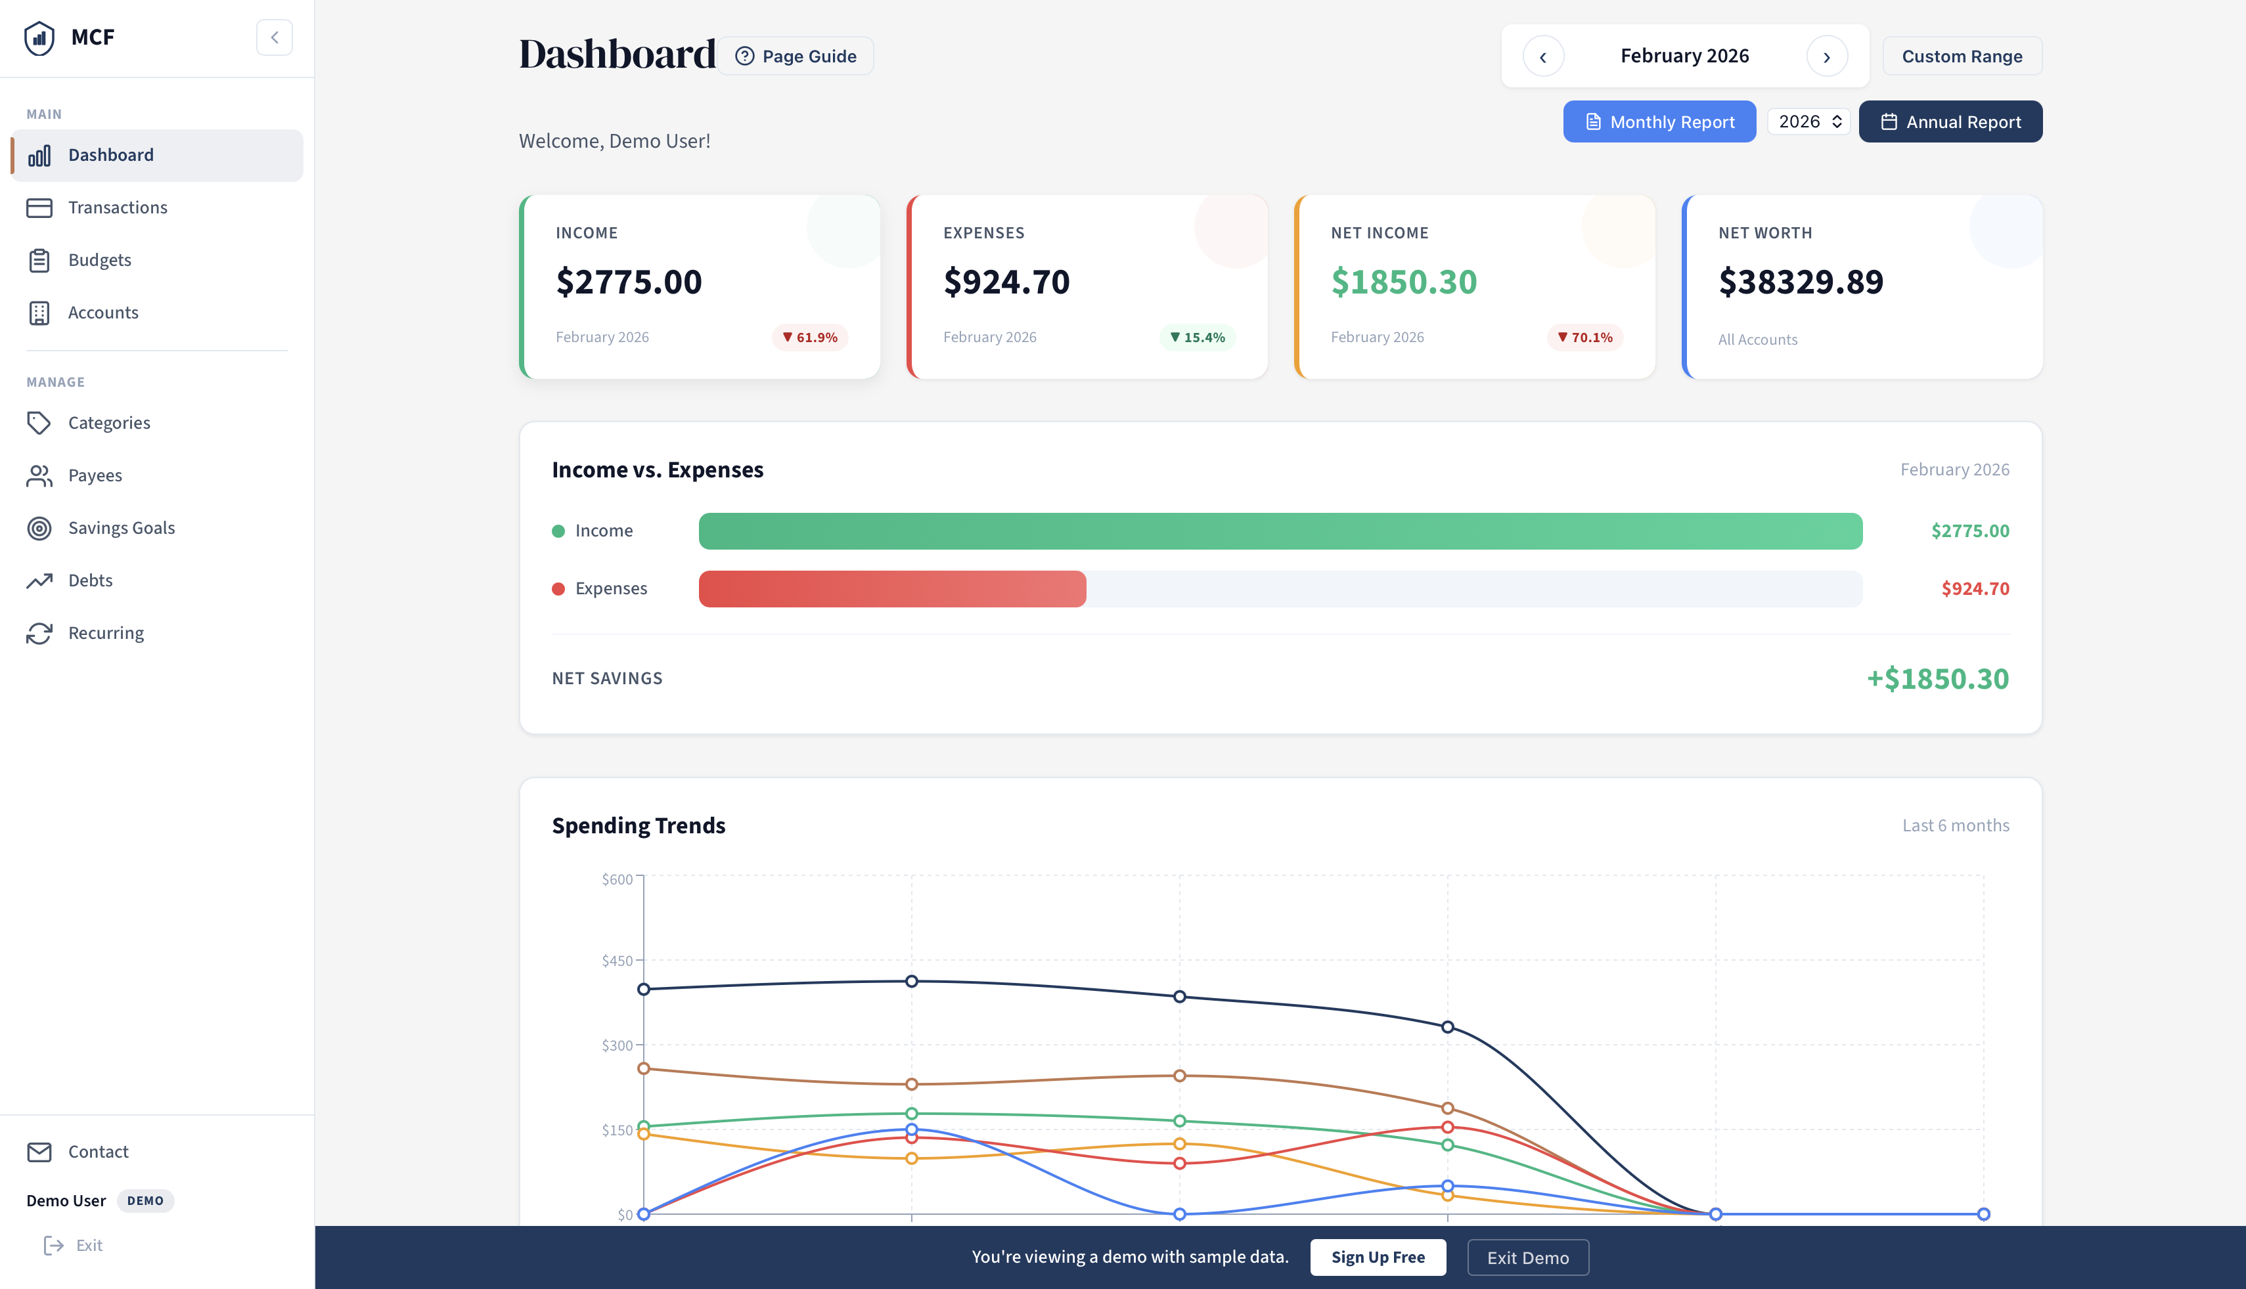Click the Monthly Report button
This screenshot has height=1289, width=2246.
pyautogui.click(x=1659, y=121)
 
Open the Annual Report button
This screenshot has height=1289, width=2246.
pyautogui.click(x=1950, y=121)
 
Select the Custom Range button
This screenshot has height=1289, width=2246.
pyautogui.click(x=1962, y=56)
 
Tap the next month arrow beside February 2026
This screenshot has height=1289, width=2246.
pyautogui.click(x=1826, y=56)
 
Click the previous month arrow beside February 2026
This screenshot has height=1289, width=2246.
pyautogui.click(x=1543, y=56)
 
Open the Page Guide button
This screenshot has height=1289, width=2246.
pyautogui.click(x=796, y=56)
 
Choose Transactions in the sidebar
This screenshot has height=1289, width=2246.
pyautogui.click(x=117, y=207)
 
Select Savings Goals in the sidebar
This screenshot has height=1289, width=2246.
pyautogui.click(x=122, y=528)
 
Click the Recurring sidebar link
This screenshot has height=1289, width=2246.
pyautogui.click(x=105, y=633)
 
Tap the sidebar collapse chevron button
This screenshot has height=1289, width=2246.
pyautogui.click(x=275, y=37)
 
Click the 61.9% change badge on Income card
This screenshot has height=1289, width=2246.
pyautogui.click(x=809, y=338)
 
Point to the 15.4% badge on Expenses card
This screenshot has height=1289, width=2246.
pyautogui.click(x=1198, y=338)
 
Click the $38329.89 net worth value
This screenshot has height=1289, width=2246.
pyautogui.click(x=1801, y=282)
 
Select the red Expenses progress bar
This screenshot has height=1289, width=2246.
pyautogui.click(x=892, y=589)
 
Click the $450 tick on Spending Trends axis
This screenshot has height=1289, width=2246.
pyautogui.click(x=618, y=961)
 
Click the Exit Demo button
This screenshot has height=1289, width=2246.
pyautogui.click(x=1528, y=1257)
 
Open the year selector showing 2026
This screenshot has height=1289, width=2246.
pyautogui.click(x=1808, y=121)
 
